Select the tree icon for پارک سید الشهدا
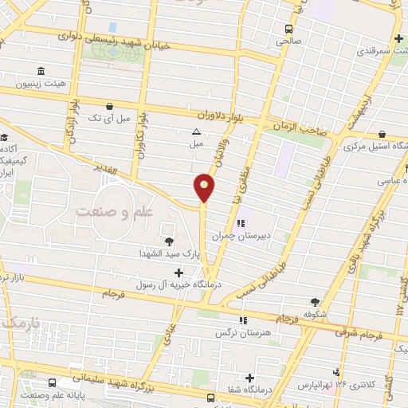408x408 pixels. (x=168, y=241)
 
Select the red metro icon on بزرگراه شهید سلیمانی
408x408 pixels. (x=210, y=398)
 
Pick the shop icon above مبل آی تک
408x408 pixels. (x=109, y=105)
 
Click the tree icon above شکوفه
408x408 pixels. (x=316, y=302)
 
